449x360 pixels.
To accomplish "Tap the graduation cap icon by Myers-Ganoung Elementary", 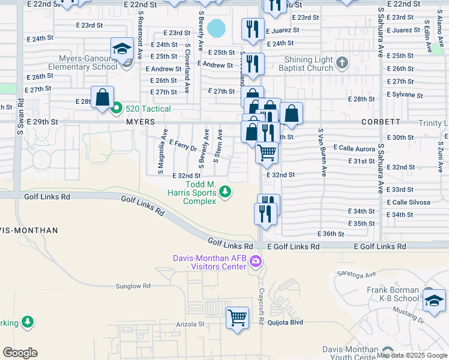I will tap(122, 49).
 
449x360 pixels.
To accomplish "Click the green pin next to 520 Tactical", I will tap(117, 109).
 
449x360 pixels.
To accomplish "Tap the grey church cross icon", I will tap(342, 62).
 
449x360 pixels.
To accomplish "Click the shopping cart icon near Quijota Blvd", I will tap(237, 317).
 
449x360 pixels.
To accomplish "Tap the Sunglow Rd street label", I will tap(133, 286).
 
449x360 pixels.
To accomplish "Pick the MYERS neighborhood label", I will tap(140, 122).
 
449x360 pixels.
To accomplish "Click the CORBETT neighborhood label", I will tap(381, 122).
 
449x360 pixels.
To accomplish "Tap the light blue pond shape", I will tap(217, 28).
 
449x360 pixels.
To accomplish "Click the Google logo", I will tap(20, 353).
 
